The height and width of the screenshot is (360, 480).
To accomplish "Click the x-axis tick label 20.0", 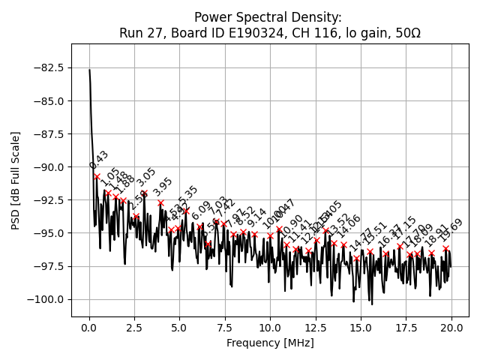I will [451, 327].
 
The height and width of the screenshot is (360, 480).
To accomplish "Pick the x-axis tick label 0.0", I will [89, 327].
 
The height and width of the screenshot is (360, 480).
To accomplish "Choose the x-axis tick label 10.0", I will [270, 327].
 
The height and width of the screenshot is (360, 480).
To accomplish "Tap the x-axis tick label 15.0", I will [361, 327].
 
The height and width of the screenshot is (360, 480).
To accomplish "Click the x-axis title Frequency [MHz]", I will [270, 343].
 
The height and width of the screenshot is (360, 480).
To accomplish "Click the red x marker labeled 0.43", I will [97, 176].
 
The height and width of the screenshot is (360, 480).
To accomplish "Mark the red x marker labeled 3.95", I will [160, 202].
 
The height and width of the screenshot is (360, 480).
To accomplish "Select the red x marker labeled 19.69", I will [445, 248].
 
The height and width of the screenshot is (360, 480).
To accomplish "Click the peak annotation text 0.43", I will [99, 160].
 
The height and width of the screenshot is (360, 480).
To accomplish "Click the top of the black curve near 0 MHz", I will [89, 70].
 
